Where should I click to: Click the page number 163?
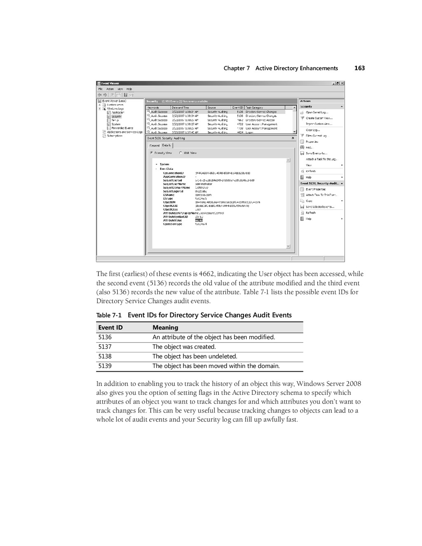[359, 68]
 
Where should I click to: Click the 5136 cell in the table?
[105, 337]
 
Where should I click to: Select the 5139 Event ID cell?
[105, 366]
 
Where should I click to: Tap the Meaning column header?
[165, 328]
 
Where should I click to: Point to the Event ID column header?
[110, 328]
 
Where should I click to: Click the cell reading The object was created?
[184, 347]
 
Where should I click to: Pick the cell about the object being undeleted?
[195, 356]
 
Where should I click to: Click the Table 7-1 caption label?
[109, 315]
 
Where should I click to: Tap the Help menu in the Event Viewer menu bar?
[129, 89]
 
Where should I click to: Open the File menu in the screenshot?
[100, 89]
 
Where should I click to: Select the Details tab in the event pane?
[166, 145]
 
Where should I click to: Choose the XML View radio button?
[181, 153]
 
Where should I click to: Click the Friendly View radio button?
[152, 153]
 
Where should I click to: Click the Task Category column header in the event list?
[254, 108]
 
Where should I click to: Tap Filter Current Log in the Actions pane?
[316, 136]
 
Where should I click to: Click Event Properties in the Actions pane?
[315, 189]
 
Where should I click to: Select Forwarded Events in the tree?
[122, 128]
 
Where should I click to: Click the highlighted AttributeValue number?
[199, 220]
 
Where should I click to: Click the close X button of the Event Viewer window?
[342, 83]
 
